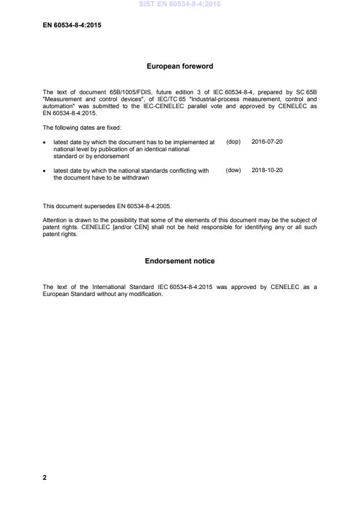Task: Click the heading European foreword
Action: pos(179,66)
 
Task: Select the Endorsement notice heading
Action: pos(179,261)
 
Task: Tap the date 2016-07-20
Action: pos(267,142)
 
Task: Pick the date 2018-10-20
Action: pos(267,170)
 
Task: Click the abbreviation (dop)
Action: pos(233,142)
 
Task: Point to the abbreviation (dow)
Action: pos(233,170)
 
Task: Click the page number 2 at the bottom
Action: pos(45,477)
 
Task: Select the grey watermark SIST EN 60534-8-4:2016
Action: pos(179,4)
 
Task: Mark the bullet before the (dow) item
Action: pos(45,171)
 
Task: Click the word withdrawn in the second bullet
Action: pos(135,178)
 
